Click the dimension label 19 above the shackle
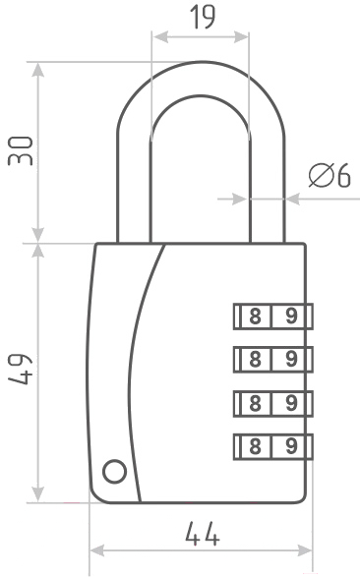click(203, 18)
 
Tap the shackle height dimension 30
click(21, 150)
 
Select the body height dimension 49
click(21, 369)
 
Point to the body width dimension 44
click(203, 534)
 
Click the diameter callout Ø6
click(330, 175)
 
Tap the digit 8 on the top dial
click(255, 317)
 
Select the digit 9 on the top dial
click(291, 317)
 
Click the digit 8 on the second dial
click(255, 359)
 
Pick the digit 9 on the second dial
click(291, 359)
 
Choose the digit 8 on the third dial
click(255, 403)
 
